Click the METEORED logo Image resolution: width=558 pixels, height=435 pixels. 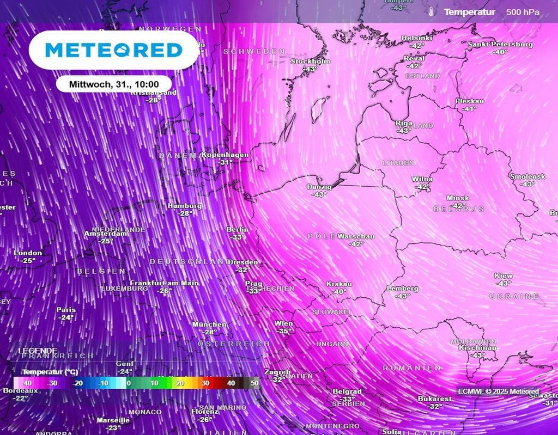(x=113, y=50)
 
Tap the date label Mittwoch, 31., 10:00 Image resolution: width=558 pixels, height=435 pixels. (x=114, y=84)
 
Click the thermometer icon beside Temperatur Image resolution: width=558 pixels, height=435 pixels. (x=431, y=12)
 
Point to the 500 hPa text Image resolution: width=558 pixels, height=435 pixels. (x=523, y=12)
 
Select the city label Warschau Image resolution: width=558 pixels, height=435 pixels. (x=356, y=236)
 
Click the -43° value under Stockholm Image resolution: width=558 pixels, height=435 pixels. (x=310, y=69)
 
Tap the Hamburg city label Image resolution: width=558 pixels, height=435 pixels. (x=185, y=206)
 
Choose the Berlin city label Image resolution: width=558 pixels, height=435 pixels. (x=237, y=230)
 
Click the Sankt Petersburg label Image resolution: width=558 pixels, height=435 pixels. (x=500, y=44)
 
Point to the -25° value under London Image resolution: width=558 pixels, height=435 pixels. (x=28, y=261)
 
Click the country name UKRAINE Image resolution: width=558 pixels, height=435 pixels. (x=514, y=296)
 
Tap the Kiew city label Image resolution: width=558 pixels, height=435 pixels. (x=504, y=276)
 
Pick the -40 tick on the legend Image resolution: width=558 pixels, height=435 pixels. (x=26, y=383)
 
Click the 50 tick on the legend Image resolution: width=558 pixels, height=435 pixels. (x=254, y=383)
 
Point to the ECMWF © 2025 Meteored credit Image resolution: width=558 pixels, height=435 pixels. (x=498, y=391)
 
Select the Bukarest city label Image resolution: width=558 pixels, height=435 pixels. (x=434, y=399)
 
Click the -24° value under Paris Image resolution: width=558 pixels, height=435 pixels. (x=66, y=317)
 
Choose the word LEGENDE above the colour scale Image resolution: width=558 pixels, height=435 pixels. (x=38, y=351)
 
